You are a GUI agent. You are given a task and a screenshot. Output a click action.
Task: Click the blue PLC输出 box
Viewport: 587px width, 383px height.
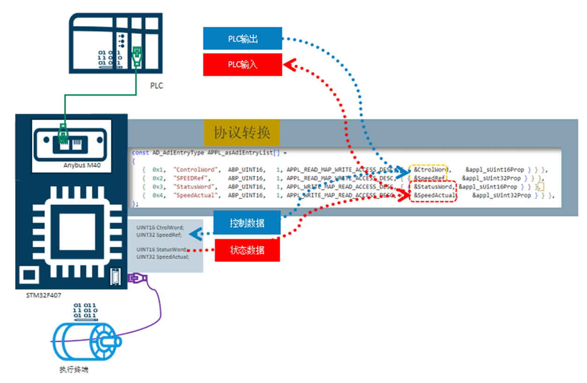click(242, 39)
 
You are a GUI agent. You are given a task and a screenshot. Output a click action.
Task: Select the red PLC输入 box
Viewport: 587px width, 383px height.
click(242, 65)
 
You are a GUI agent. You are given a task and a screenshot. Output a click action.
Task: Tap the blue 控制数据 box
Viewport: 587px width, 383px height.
click(247, 223)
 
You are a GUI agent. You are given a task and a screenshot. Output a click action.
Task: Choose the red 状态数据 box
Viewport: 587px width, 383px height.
click(247, 250)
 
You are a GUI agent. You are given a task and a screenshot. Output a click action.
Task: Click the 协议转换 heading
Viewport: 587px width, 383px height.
click(242, 132)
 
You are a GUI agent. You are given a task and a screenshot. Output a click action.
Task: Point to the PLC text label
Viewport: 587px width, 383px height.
click(156, 86)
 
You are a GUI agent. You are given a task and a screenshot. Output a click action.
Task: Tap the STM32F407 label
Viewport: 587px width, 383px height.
click(44, 295)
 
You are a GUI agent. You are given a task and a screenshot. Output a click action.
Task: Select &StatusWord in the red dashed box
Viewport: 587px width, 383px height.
click(433, 187)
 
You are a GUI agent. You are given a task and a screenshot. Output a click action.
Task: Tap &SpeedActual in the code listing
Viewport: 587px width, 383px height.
click(434, 195)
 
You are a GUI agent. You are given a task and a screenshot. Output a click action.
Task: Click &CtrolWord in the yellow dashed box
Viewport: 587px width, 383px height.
click(432, 170)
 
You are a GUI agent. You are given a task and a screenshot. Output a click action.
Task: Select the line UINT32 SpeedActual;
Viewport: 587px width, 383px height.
click(159, 257)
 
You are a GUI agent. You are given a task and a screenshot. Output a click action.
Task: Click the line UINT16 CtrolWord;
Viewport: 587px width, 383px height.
click(160, 228)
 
